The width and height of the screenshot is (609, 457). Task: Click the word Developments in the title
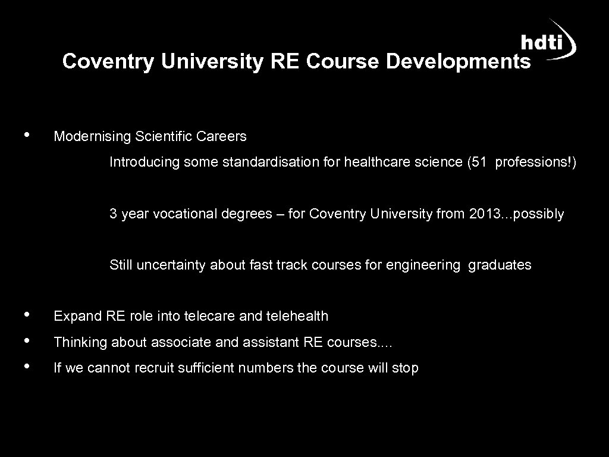coord(458,61)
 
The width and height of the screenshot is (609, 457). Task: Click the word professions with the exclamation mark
coord(532,162)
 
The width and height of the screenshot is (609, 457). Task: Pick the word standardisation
coord(272,162)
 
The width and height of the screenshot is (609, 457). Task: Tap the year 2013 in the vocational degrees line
coord(485,214)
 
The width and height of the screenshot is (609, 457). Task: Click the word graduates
coord(500,265)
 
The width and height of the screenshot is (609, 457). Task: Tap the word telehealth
coord(301,316)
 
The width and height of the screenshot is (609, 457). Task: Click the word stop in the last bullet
coord(405,368)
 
